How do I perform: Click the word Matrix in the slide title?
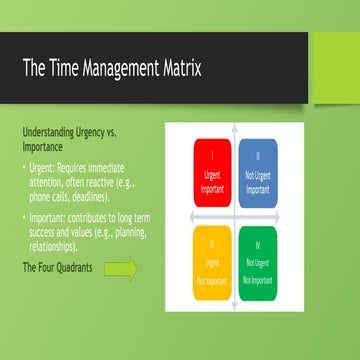click(172, 69)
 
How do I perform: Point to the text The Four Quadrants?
click(57, 269)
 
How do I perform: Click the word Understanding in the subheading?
click(49, 132)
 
